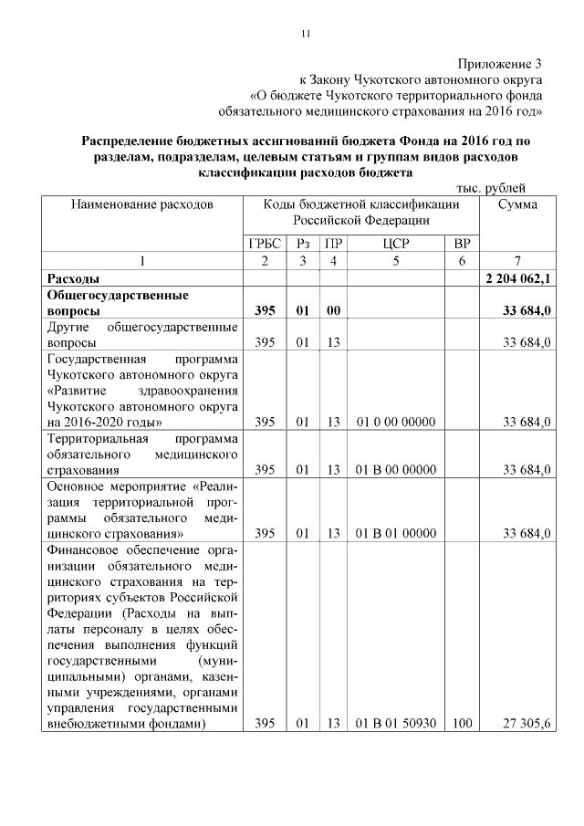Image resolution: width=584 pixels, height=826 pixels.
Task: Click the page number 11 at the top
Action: click(306, 34)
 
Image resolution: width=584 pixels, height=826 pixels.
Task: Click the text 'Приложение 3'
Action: click(500, 64)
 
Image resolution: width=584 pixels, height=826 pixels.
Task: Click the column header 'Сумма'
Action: click(517, 205)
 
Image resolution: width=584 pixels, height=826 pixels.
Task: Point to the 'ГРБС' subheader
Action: click(265, 244)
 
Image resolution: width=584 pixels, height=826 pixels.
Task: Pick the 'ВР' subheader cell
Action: click(462, 244)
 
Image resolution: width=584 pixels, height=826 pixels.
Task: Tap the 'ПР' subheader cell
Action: click(334, 244)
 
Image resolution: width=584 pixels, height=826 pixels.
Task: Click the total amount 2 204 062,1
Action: click(517, 278)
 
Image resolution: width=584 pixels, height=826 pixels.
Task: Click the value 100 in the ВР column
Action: click(462, 724)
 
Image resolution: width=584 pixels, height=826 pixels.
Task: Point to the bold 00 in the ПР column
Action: click(334, 311)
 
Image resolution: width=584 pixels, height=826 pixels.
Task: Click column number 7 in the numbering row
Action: click(517, 261)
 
